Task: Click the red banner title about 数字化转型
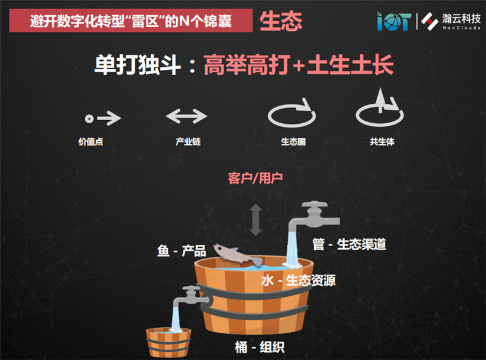pos(131,21)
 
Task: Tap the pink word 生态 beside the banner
pos(281,21)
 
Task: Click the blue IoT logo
pos(394,21)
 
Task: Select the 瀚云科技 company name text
pos(461,19)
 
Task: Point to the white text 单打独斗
pos(138,65)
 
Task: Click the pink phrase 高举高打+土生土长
pos(298,65)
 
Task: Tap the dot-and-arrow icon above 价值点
pos(103,118)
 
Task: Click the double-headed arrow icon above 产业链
pos(187,116)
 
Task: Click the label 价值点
pos(91,141)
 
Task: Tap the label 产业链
pos(188,141)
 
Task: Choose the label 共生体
pos(382,141)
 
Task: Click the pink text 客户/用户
pos(255,178)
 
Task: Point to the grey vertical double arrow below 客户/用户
pos(256,219)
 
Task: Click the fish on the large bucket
pos(237,254)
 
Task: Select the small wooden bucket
pos(168,342)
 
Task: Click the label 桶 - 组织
pos(260,347)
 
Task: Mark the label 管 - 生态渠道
pos(349,244)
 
